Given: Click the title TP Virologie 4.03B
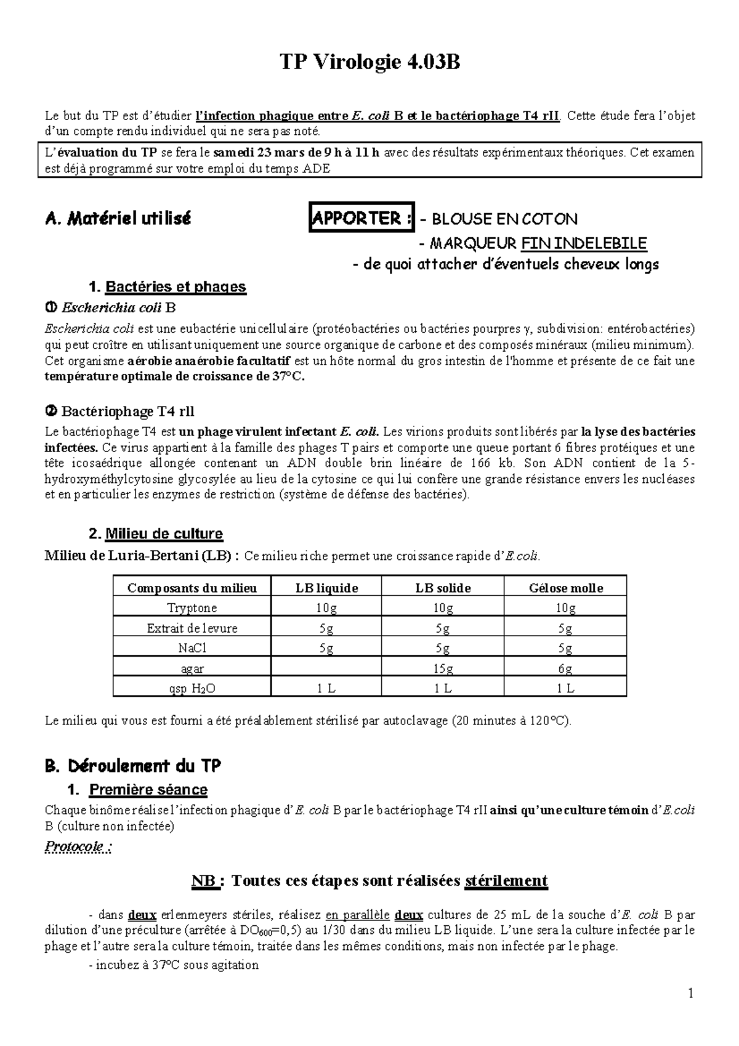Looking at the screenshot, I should [x=369, y=62].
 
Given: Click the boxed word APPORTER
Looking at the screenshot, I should [x=361, y=218].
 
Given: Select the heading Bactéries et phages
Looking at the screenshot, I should [x=176, y=286].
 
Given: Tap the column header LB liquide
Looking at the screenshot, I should [x=326, y=588].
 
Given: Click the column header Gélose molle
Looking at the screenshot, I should [x=565, y=588].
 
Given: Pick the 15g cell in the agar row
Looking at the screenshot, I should [x=443, y=668].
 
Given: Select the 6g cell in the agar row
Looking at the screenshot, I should [x=565, y=668].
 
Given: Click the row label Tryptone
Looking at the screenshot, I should [x=192, y=608].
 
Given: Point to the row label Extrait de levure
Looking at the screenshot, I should [x=192, y=628].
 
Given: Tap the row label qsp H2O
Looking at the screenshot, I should [x=192, y=689].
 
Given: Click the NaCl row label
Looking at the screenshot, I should [x=192, y=648].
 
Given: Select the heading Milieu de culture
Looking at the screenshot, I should [x=164, y=533].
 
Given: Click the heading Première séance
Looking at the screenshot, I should [x=148, y=790].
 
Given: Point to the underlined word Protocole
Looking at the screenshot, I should [x=78, y=846].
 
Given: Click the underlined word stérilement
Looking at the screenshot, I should [x=506, y=881].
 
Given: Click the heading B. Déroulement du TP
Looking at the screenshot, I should [x=133, y=766].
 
